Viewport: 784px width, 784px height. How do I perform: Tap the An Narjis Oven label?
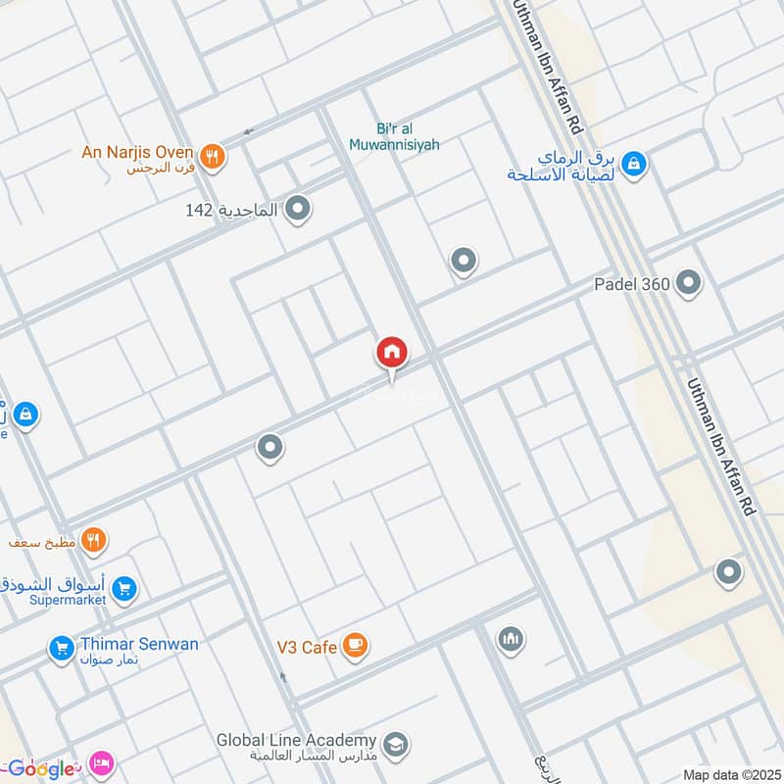[x=138, y=152]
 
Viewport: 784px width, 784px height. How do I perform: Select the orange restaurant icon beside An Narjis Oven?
[x=212, y=156]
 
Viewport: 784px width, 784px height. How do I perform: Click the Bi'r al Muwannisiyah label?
[x=394, y=136]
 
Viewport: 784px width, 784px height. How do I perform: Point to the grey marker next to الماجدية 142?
[x=299, y=210]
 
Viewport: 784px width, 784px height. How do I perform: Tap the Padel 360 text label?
[x=631, y=284]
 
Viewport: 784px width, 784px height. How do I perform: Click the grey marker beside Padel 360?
[x=689, y=284]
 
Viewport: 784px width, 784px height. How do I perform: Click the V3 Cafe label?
[x=306, y=647]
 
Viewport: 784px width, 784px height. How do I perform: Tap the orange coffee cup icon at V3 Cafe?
[x=355, y=646]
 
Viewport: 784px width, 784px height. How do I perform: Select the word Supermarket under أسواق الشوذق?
[x=66, y=600]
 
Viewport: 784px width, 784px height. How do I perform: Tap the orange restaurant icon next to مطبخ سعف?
[x=94, y=539]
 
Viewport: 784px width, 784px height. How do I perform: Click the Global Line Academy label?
[x=297, y=740]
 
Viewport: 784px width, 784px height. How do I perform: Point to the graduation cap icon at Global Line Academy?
[x=396, y=744]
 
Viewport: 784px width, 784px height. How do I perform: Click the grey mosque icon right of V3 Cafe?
[x=510, y=640]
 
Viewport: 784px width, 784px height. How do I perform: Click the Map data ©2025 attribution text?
[x=729, y=774]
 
